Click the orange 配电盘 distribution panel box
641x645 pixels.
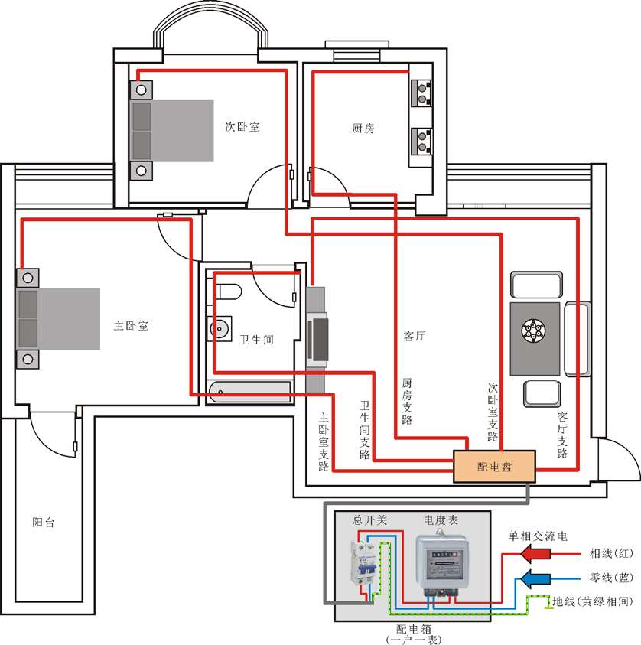[494, 466]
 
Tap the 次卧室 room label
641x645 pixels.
[242, 126]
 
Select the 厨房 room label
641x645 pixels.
[363, 129]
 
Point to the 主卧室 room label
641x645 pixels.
[131, 326]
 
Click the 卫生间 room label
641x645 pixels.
[256, 340]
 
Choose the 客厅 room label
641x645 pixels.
[415, 336]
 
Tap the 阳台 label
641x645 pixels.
[44, 523]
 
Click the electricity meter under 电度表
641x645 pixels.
[442, 562]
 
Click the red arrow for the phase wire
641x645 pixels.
[535, 554]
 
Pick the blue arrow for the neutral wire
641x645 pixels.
[535, 578]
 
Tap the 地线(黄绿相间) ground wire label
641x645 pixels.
[593, 601]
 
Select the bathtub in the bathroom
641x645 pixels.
[249, 392]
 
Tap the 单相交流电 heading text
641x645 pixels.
[538, 536]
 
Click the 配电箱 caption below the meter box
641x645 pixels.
[414, 628]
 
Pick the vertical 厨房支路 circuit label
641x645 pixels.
[407, 402]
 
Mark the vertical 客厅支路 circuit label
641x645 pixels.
[562, 435]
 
